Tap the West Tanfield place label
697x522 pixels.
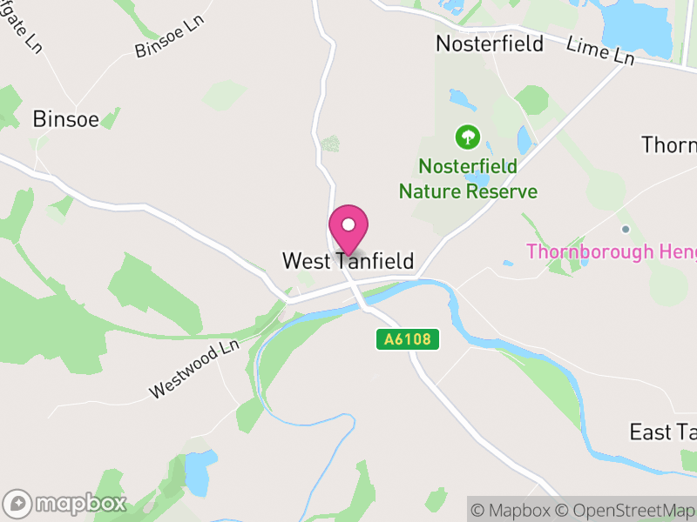coord(348,261)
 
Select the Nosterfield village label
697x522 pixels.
coord(489,43)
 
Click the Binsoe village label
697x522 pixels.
coord(65,119)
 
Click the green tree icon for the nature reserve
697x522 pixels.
coord(468,137)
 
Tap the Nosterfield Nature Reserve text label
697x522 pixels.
coord(468,178)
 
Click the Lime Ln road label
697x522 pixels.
coord(600,50)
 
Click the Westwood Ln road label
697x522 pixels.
coord(193,370)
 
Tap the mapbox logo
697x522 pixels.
coord(66,503)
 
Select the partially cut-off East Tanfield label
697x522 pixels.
coord(662,432)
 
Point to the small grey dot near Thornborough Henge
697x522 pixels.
coord(625,229)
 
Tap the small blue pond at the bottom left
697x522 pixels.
coord(197,472)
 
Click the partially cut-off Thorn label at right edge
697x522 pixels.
coord(668,144)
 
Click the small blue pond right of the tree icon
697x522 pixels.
coord(524,139)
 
